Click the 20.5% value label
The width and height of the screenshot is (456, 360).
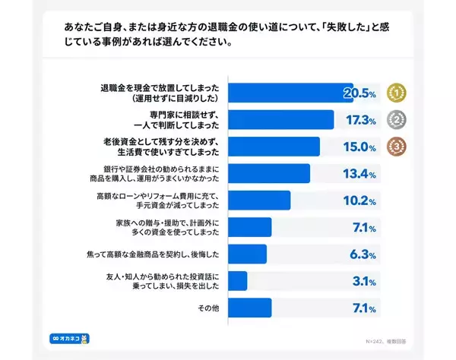click(359, 93)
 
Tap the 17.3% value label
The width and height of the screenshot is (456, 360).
click(359, 120)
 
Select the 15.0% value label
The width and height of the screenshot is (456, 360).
click(359, 147)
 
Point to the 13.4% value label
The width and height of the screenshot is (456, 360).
click(359, 174)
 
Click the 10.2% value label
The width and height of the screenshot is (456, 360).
click(359, 201)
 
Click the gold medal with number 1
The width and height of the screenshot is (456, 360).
click(395, 93)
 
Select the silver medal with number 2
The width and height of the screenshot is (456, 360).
click(395, 119)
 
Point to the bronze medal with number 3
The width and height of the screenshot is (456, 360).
click(395, 146)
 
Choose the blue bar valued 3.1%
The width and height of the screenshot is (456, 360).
click(238, 281)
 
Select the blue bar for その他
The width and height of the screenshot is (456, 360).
click(250, 308)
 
